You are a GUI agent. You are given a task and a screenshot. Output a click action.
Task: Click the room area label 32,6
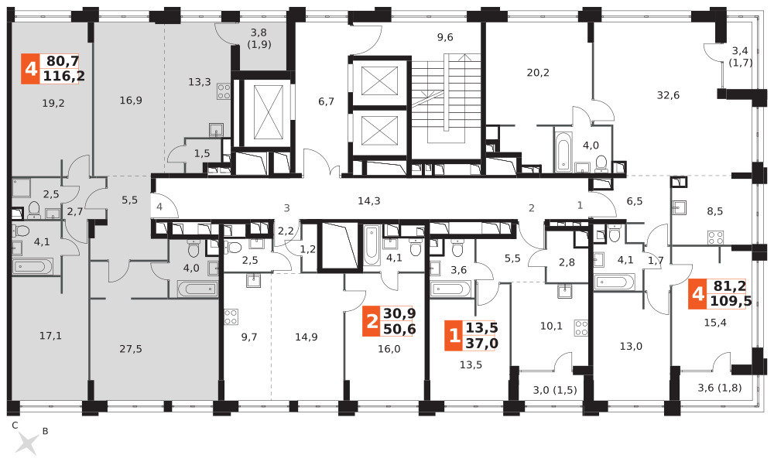668,95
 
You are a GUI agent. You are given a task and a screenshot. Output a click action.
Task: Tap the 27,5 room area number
131,349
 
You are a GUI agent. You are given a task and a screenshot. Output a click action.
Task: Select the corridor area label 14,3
369,201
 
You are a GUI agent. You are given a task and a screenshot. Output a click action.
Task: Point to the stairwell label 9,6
445,37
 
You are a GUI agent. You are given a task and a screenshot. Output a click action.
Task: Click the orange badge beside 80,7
31,69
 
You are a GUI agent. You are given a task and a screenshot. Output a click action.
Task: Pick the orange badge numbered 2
372,321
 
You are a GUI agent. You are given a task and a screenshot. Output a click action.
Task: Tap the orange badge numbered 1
454,336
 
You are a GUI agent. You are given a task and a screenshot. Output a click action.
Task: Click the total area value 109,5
730,301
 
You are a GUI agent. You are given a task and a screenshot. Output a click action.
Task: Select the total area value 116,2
63,76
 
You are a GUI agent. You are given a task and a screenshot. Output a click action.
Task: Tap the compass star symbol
27,443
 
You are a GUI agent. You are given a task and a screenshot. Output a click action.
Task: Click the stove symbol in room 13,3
224,91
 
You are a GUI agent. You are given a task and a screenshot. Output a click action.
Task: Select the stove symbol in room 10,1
581,328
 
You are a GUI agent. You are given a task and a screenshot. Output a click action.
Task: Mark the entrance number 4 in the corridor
159,207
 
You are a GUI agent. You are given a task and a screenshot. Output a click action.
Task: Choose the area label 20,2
538,73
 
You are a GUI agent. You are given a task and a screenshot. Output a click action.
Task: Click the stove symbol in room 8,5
716,238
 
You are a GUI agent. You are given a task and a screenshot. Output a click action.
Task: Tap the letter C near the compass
15,425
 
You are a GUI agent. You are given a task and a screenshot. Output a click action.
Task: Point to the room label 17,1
50,336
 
